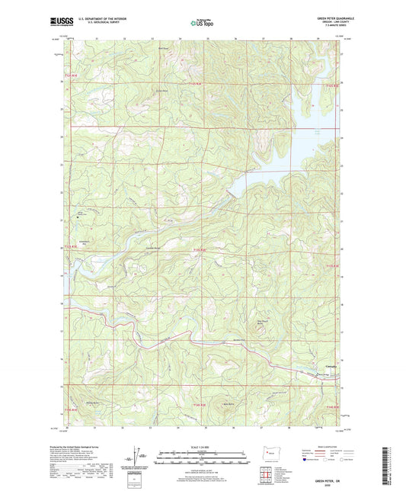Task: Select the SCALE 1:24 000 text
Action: [x=202, y=446]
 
